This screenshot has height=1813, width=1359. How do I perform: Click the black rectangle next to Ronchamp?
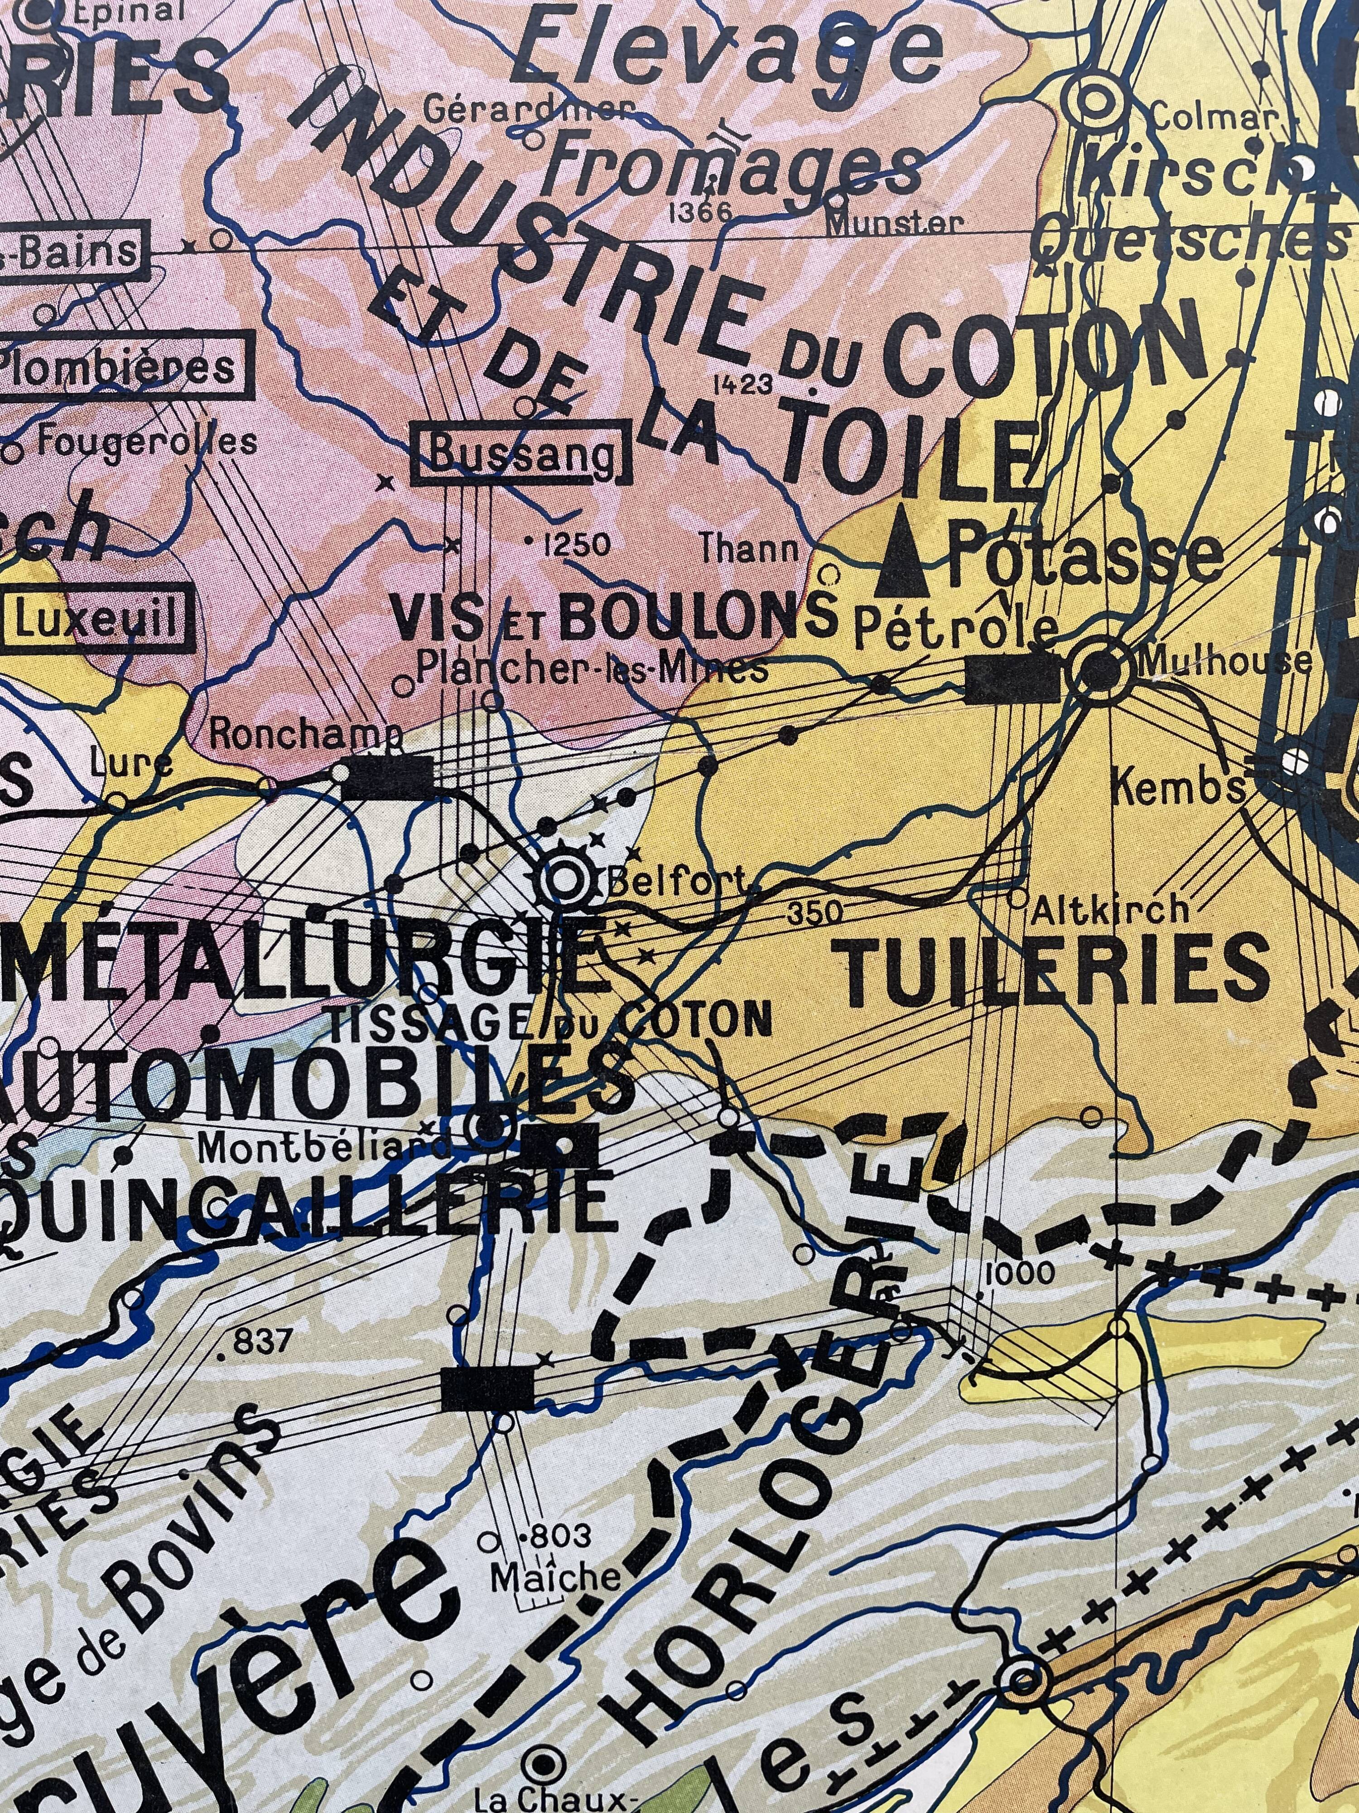[388, 775]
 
